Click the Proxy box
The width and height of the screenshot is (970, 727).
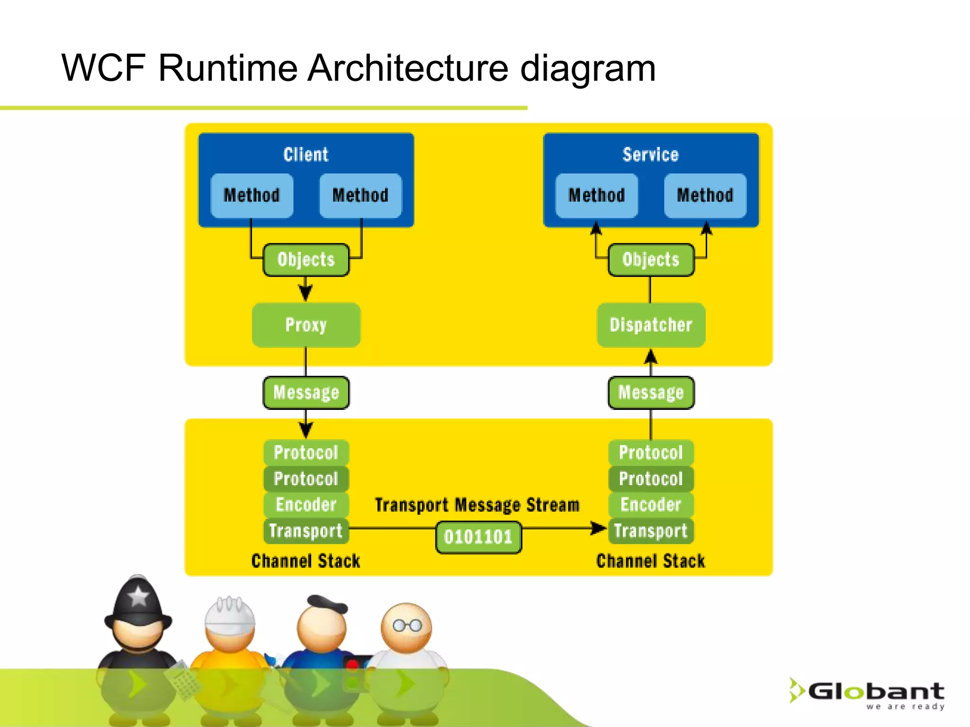click(x=306, y=325)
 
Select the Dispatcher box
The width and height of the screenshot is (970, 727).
click(x=651, y=325)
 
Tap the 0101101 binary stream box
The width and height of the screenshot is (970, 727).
click(x=478, y=537)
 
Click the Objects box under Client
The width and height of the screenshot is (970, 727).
click(x=306, y=260)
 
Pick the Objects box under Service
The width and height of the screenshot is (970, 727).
click(x=651, y=260)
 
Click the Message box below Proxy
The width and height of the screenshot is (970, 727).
click(x=306, y=393)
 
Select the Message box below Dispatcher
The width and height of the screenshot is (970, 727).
click(x=651, y=393)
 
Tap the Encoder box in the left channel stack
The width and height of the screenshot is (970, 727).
click(x=306, y=505)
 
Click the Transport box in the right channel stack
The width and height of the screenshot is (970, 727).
click(x=651, y=531)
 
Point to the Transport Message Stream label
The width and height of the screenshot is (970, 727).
click(x=477, y=505)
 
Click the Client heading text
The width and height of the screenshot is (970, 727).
click(x=306, y=155)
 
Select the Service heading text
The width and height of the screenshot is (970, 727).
click(x=650, y=155)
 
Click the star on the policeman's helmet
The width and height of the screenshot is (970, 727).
click(x=138, y=596)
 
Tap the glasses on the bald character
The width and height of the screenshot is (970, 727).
click(x=407, y=626)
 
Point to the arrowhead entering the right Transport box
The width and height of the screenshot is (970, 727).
click(x=599, y=528)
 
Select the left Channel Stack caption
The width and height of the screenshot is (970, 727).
click(x=306, y=561)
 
